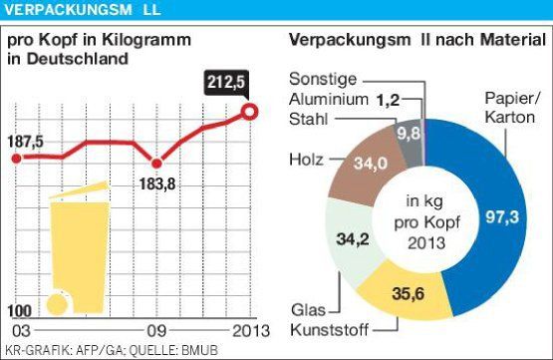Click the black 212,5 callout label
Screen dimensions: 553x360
pos(226,83)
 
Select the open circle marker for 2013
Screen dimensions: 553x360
pos(250,113)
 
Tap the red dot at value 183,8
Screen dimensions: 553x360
pos(156,164)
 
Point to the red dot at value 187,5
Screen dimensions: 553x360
pos(16,159)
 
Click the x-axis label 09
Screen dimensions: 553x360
pos(156,331)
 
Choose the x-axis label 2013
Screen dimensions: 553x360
pos(251,331)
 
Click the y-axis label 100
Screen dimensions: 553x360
pos(19,311)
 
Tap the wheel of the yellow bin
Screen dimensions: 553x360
pos(58,304)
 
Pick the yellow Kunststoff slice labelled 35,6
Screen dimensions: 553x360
pos(406,293)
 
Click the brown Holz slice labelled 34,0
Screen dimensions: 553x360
pos(367,166)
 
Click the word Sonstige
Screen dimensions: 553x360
pos(323,79)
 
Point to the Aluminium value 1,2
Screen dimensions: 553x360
pos(388,101)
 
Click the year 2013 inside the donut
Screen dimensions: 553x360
pos(426,243)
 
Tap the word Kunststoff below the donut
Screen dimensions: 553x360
pos(330,330)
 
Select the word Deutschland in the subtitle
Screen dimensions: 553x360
pos(78,59)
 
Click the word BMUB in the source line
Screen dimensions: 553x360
pos(200,350)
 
